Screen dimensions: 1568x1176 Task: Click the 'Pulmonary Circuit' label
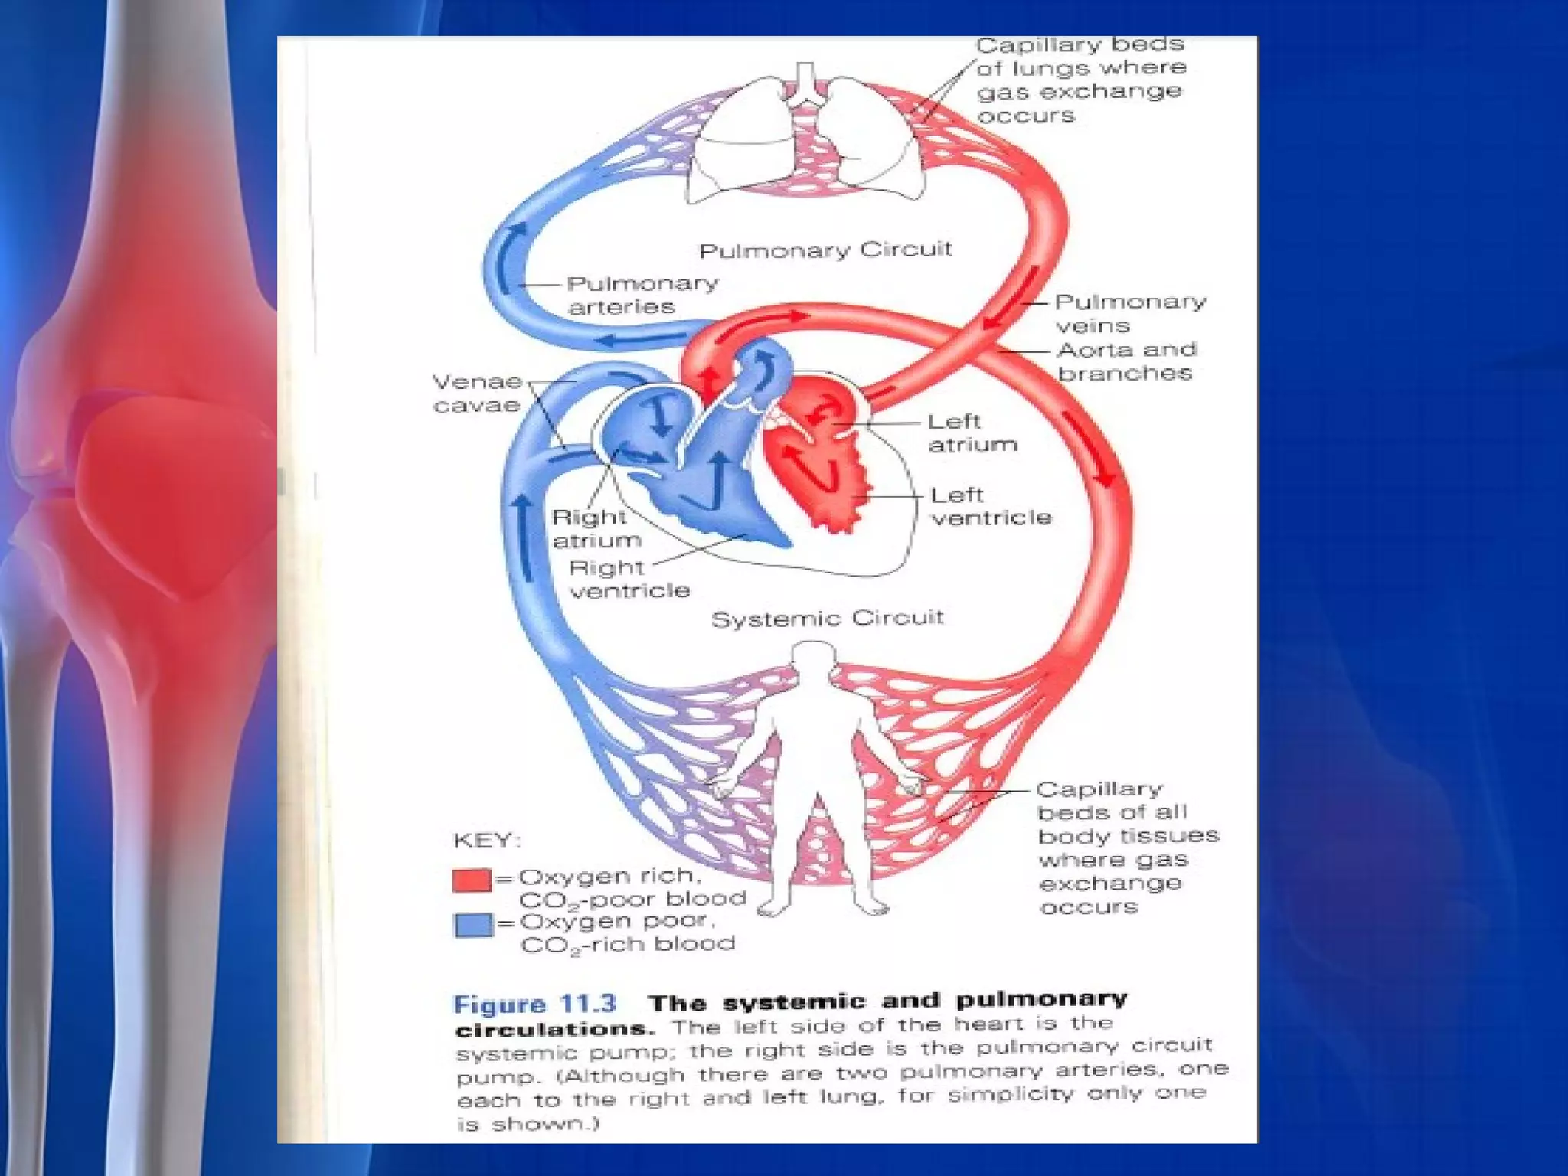coord(825,250)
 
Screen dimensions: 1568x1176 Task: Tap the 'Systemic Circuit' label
coord(827,618)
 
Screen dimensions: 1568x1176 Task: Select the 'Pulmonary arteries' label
coord(642,295)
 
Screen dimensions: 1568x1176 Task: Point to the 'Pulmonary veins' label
coord(1129,313)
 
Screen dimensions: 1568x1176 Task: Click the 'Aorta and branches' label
coord(1125,361)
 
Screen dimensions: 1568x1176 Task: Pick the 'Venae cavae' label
coord(477,393)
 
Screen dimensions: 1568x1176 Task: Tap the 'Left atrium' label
coord(972,433)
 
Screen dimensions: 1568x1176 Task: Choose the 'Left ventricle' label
coord(991,506)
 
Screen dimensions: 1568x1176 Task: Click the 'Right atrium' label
coord(596,528)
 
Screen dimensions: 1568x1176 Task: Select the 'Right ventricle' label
coord(629,579)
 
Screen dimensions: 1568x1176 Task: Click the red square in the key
coord(472,880)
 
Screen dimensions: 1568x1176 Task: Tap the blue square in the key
coord(472,925)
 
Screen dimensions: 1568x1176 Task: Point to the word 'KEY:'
coord(486,841)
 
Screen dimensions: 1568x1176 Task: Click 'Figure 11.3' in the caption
coord(534,1004)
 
